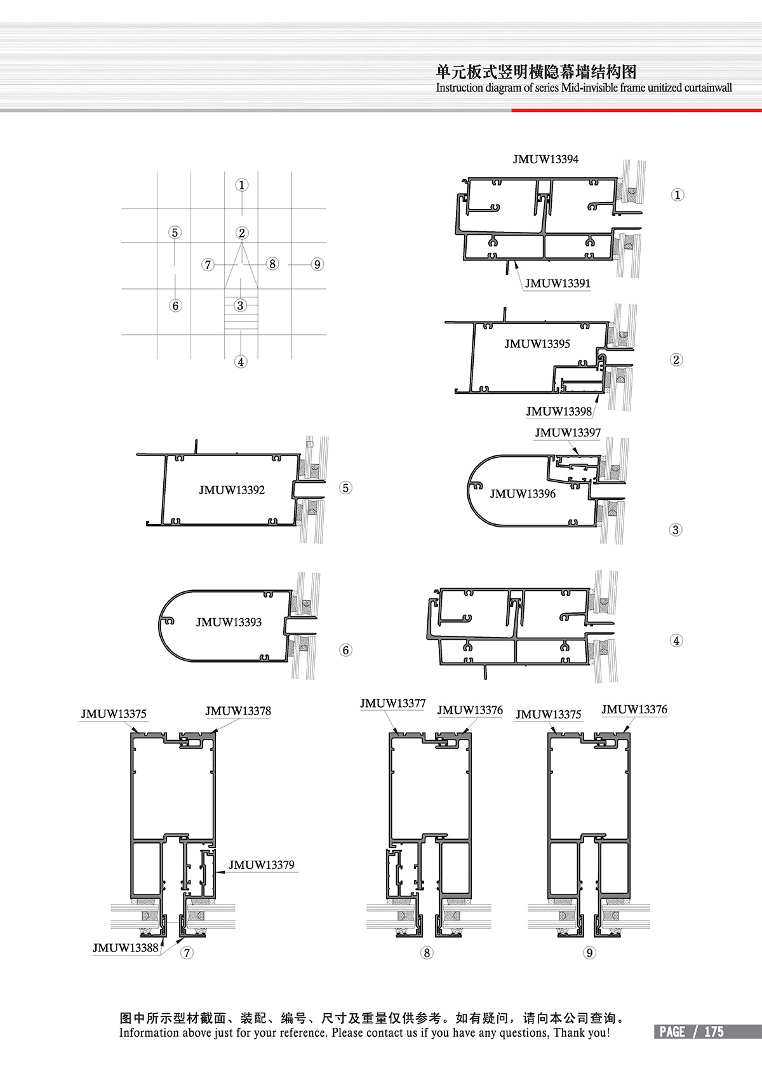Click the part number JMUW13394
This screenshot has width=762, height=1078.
pyautogui.click(x=545, y=159)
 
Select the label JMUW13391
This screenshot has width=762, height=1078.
pyautogui.click(x=558, y=283)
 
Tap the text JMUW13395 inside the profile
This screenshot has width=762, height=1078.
pyautogui.click(x=537, y=344)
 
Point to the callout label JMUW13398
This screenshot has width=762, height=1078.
pyautogui.click(x=559, y=412)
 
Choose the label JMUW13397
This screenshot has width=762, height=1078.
pyautogui.click(x=568, y=433)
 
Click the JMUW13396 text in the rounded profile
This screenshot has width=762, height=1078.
pyautogui.click(x=523, y=494)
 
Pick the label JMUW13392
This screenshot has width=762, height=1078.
pyautogui.click(x=231, y=490)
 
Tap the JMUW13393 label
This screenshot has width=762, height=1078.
pyautogui.click(x=229, y=623)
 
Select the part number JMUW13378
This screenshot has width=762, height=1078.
pyautogui.click(x=238, y=711)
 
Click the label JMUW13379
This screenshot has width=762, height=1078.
pyautogui.click(x=261, y=865)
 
